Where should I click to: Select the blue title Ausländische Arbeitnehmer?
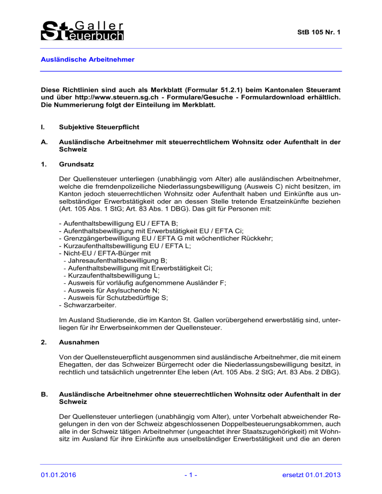pos(89,59)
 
